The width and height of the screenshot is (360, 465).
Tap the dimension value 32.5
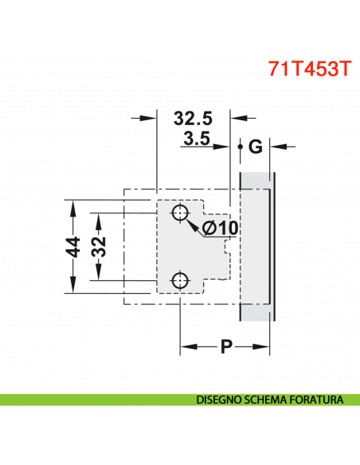[x=194, y=119]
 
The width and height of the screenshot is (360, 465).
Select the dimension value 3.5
[x=195, y=140]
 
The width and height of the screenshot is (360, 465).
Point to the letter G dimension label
[x=255, y=147]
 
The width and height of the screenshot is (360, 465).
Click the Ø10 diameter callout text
[x=221, y=229]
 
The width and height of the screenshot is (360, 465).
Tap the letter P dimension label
[x=226, y=347]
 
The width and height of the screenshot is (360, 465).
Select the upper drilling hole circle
[x=180, y=213]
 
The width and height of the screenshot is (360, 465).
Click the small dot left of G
[x=240, y=147]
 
